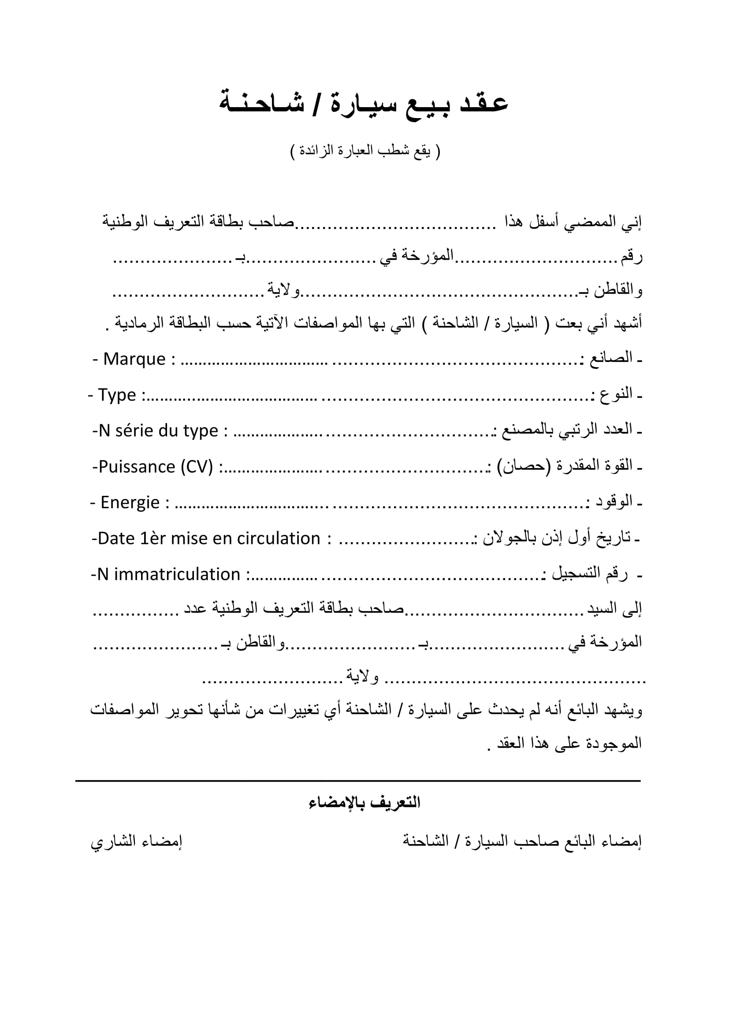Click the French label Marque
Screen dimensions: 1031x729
point(134,359)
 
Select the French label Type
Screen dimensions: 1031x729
point(117,395)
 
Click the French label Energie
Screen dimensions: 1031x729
point(130,502)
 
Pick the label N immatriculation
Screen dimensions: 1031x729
point(168,574)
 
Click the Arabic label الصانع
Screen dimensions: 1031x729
point(610,358)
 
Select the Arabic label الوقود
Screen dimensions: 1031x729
point(614,502)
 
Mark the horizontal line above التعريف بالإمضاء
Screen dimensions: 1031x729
point(358,782)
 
